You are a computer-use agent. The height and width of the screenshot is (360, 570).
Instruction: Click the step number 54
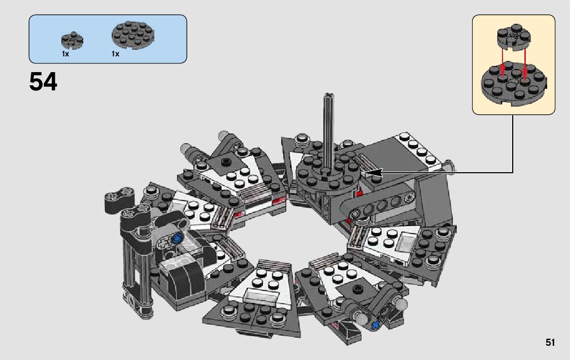pos(43,82)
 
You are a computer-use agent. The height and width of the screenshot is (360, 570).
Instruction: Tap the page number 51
pos(550,342)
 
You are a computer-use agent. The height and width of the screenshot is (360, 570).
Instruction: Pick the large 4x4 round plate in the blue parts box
pos(133,35)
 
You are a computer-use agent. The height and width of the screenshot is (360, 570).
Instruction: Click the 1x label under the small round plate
pos(65,54)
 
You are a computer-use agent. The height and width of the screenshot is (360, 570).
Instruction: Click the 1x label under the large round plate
pos(116,54)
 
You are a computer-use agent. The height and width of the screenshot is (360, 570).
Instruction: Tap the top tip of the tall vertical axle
pos(329,95)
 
